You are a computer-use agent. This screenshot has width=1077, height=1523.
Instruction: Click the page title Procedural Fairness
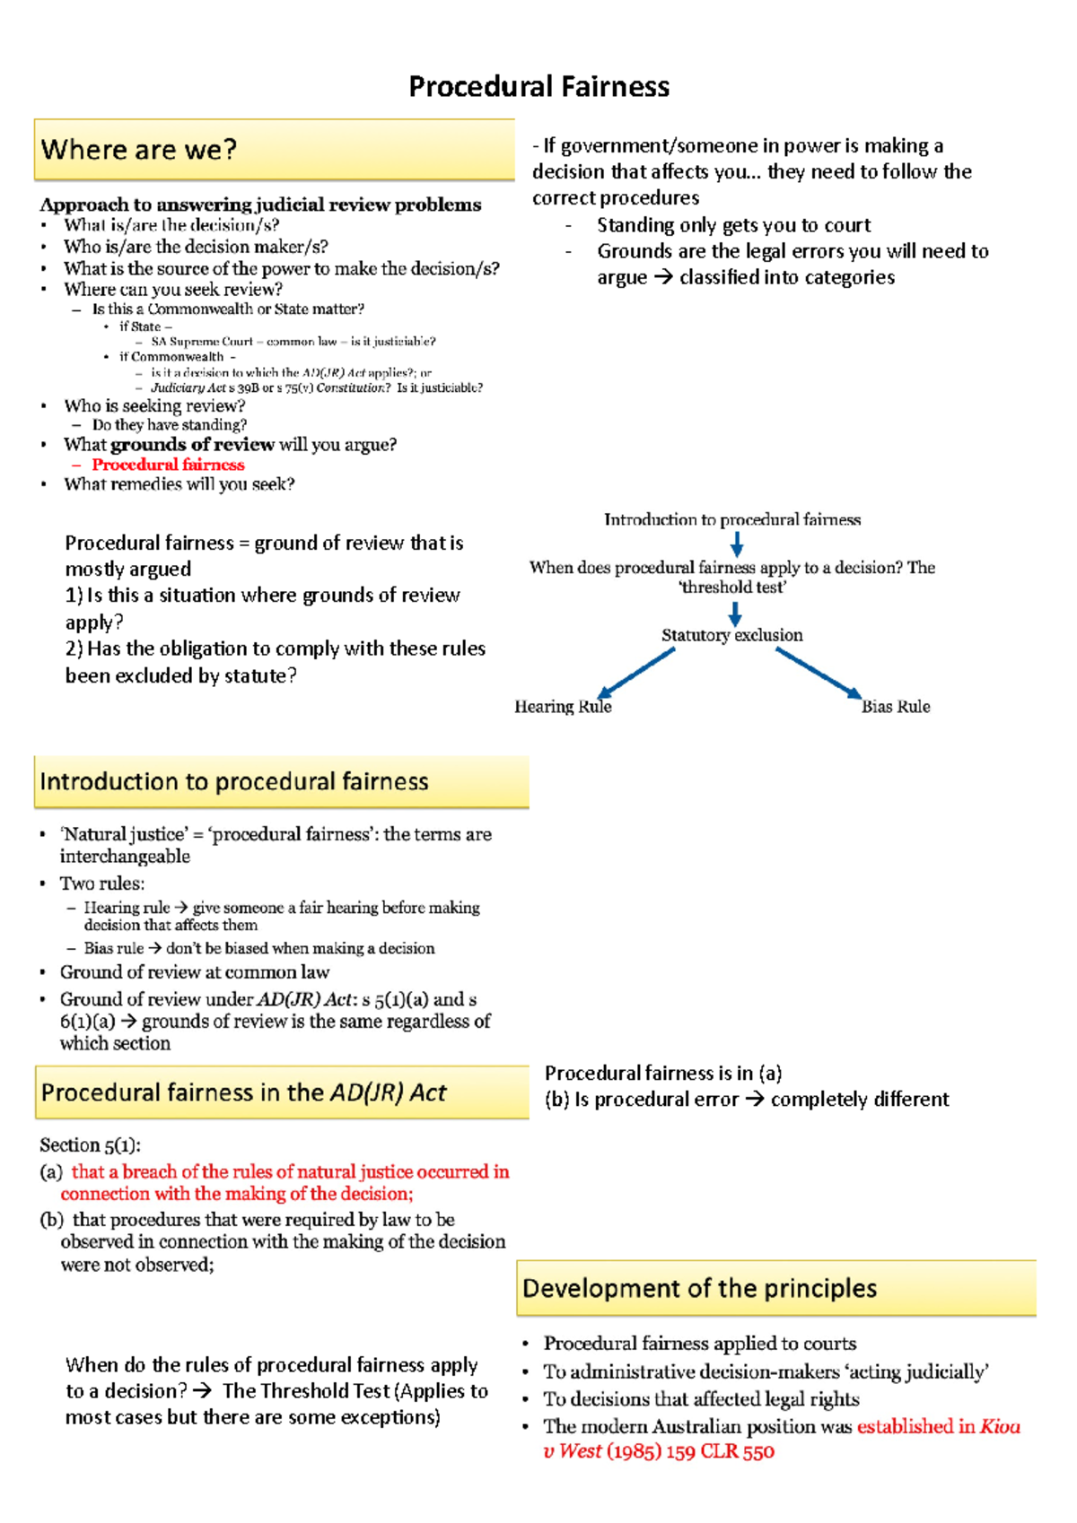click(538, 87)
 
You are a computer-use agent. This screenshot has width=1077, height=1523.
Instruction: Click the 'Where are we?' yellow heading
click(139, 150)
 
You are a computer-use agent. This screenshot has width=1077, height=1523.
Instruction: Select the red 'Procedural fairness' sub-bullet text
click(168, 465)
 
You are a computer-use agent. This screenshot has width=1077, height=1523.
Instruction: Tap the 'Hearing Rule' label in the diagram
click(563, 707)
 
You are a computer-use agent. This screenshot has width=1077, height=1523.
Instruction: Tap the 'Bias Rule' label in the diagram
click(895, 707)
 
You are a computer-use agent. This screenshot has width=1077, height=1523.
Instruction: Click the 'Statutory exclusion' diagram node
click(731, 635)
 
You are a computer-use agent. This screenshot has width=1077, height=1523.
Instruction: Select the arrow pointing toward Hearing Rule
click(635, 673)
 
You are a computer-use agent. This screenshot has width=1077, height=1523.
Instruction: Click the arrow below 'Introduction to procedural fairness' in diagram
click(736, 544)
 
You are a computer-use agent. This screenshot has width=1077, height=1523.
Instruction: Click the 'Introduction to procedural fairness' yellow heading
click(234, 781)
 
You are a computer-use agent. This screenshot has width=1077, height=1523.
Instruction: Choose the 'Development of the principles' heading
click(699, 1289)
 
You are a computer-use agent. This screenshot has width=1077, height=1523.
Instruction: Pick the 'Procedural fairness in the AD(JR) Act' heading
click(243, 1092)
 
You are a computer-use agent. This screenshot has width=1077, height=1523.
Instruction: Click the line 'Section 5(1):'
click(90, 1145)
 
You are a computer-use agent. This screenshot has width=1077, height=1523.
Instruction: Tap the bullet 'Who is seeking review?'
click(154, 406)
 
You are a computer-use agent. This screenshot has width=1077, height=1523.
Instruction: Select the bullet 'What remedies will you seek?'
click(179, 484)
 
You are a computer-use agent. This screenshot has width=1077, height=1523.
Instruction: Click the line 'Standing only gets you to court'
click(733, 225)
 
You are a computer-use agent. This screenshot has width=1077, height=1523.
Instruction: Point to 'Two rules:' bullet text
click(101, 883)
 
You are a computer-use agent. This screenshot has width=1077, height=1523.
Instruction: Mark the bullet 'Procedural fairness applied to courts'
click(699, 1344)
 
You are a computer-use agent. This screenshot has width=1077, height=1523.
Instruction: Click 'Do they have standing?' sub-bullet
click(169, 425)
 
